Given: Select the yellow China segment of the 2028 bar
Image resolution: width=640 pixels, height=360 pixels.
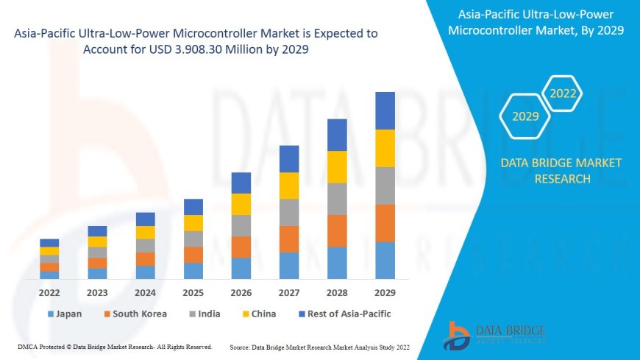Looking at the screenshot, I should tap(337, 166).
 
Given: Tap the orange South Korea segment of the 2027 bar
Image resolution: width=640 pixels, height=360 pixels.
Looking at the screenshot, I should tap(289, 239).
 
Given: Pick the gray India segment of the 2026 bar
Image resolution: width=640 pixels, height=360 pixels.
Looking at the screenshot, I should tap(241, 225).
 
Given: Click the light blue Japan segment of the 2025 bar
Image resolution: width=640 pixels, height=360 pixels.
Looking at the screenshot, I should tap(193, 271).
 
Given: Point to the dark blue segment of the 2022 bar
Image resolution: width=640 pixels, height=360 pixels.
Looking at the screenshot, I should tap(49, 243).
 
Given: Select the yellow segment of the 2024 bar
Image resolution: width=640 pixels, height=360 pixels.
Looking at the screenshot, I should tap(146, 233).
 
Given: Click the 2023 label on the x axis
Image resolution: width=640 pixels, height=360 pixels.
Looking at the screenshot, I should tap(97, 292).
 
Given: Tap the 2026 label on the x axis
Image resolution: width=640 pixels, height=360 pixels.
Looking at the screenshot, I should tap(241, 292).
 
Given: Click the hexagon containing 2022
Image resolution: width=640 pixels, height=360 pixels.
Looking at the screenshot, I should tap(563, 93).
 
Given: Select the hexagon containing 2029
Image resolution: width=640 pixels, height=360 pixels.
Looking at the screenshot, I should tap(525, 116).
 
